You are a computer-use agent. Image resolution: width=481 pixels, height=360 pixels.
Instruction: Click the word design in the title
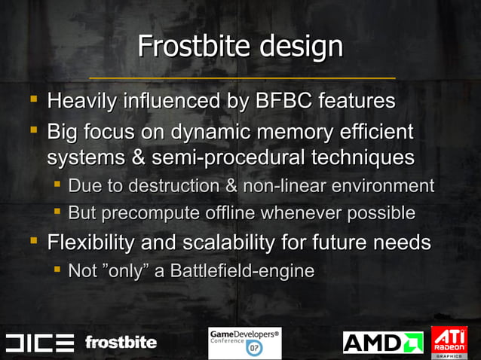coord(302,47)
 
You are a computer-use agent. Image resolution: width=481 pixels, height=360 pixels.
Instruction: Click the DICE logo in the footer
coord(40,343)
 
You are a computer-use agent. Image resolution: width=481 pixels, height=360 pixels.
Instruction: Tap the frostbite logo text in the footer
coord(121,343)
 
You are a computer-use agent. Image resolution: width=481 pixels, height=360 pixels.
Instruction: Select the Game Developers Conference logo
coord(244,343)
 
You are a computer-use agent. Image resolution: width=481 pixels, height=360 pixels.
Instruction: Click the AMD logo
coord(383,343)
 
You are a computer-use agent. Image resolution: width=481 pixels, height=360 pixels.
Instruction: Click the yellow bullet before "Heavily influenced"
coord(33,99)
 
